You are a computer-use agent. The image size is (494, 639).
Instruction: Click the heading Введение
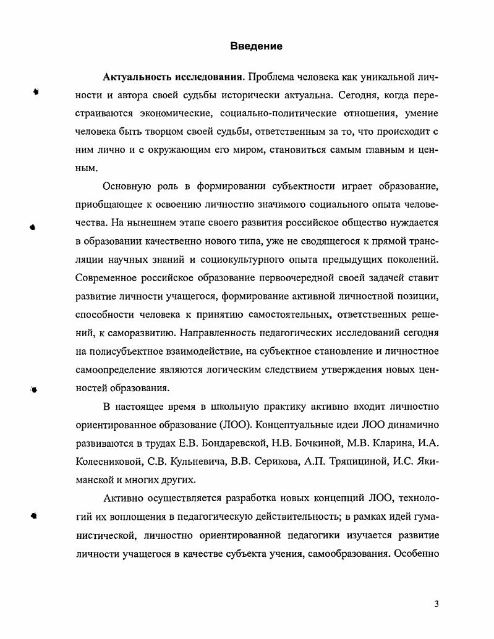pyautogui.click(x=256, y=46)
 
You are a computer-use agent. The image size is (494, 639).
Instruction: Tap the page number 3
pyautogui.click(x=437, y=604)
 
